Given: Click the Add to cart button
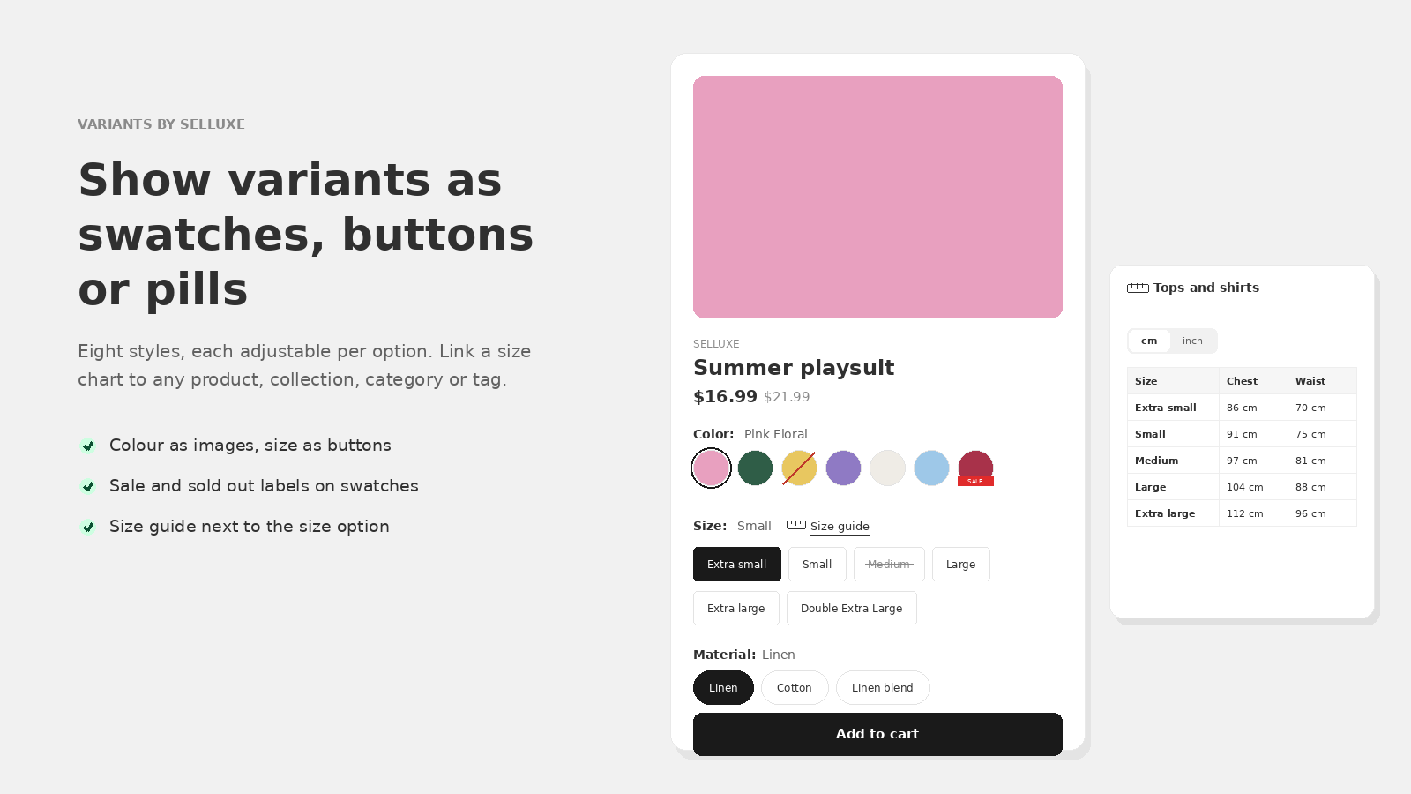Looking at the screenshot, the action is (877, 734).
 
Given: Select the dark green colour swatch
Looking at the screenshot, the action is (755, 468).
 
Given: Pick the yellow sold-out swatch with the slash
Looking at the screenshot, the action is (799, 468).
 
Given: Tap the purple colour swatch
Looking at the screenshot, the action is (843, 468).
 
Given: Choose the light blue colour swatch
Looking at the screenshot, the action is (931, 468).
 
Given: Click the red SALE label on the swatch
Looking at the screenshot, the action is (975, 481).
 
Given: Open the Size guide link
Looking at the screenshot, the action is (840, 526).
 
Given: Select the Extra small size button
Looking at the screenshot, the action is (737, 564).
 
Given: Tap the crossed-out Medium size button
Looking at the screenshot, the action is (889, 564).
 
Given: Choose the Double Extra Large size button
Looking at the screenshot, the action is (852, 608).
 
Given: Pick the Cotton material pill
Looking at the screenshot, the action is (795, 687).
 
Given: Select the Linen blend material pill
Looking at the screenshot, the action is (883, 687).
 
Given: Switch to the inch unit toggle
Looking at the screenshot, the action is (1192, 341).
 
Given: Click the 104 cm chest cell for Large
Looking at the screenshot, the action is (1244, 487).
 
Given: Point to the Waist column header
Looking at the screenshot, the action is (1310, 381).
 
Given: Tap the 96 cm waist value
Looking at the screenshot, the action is (1310, 513).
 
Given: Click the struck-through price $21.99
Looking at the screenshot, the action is (787, 397).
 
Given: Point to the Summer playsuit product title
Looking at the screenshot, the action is (794, 367).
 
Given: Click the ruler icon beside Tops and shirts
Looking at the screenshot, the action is (1138, 288).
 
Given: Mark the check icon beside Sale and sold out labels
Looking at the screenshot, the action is (88, 486).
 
